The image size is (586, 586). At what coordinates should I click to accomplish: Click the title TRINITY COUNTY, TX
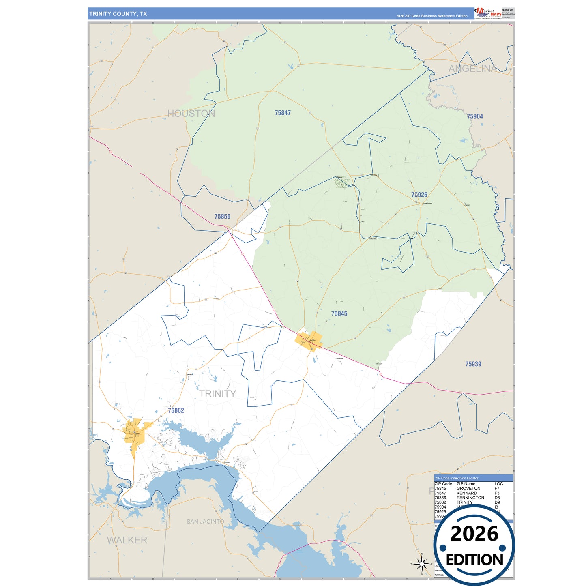pyautogui.click(x=118, y=14)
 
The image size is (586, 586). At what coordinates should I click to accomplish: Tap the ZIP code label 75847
pyautogui.click(x=283, y=113)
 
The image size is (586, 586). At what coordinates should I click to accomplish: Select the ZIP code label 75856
pyautogui.click(x=222, y=217)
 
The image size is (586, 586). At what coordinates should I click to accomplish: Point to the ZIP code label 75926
pyautogui.click(x=419, y=195)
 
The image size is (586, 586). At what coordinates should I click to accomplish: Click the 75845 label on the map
pyautogui.click(x=339, y=313)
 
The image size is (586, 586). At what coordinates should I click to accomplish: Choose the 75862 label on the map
pyautogui.click(x=176, y=410)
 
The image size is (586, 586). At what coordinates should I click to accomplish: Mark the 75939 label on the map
pyautogui.click(x=473, y=364)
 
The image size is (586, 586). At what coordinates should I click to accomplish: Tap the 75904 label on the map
pyautogui.click(x=475, y=116)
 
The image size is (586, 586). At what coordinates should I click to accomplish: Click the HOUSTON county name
pyautogui.click(x=191, y=114)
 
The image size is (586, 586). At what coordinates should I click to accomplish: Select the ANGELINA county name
pyautogui.click(x=472, y=69)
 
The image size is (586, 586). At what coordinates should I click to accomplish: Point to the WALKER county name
pyautogui.click(x=127, y=540)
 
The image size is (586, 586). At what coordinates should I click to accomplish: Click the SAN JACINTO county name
pyautogui.click(x=205, y=522)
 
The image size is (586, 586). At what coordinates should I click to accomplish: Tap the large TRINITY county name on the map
pyautogui.click(x=217, y=394)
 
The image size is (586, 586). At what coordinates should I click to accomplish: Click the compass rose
pyautogui.click(x=422, y=564)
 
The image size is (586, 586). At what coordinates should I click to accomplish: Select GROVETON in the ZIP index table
pyautogui.click(x=468, y=489)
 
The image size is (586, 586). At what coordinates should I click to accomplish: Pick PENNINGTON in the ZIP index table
pyautogui.click(x=470, y=498)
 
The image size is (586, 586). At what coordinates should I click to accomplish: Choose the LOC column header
pyautogui.click(x=498, y=484)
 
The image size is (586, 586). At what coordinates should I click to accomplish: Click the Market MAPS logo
pyautogui.click(x=488, y=13)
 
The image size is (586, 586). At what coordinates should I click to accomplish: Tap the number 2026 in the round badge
pyautogui.click(x=474, y=534)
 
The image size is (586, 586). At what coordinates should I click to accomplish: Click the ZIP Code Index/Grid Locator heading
pyautogui.click(x=457, y=478)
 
